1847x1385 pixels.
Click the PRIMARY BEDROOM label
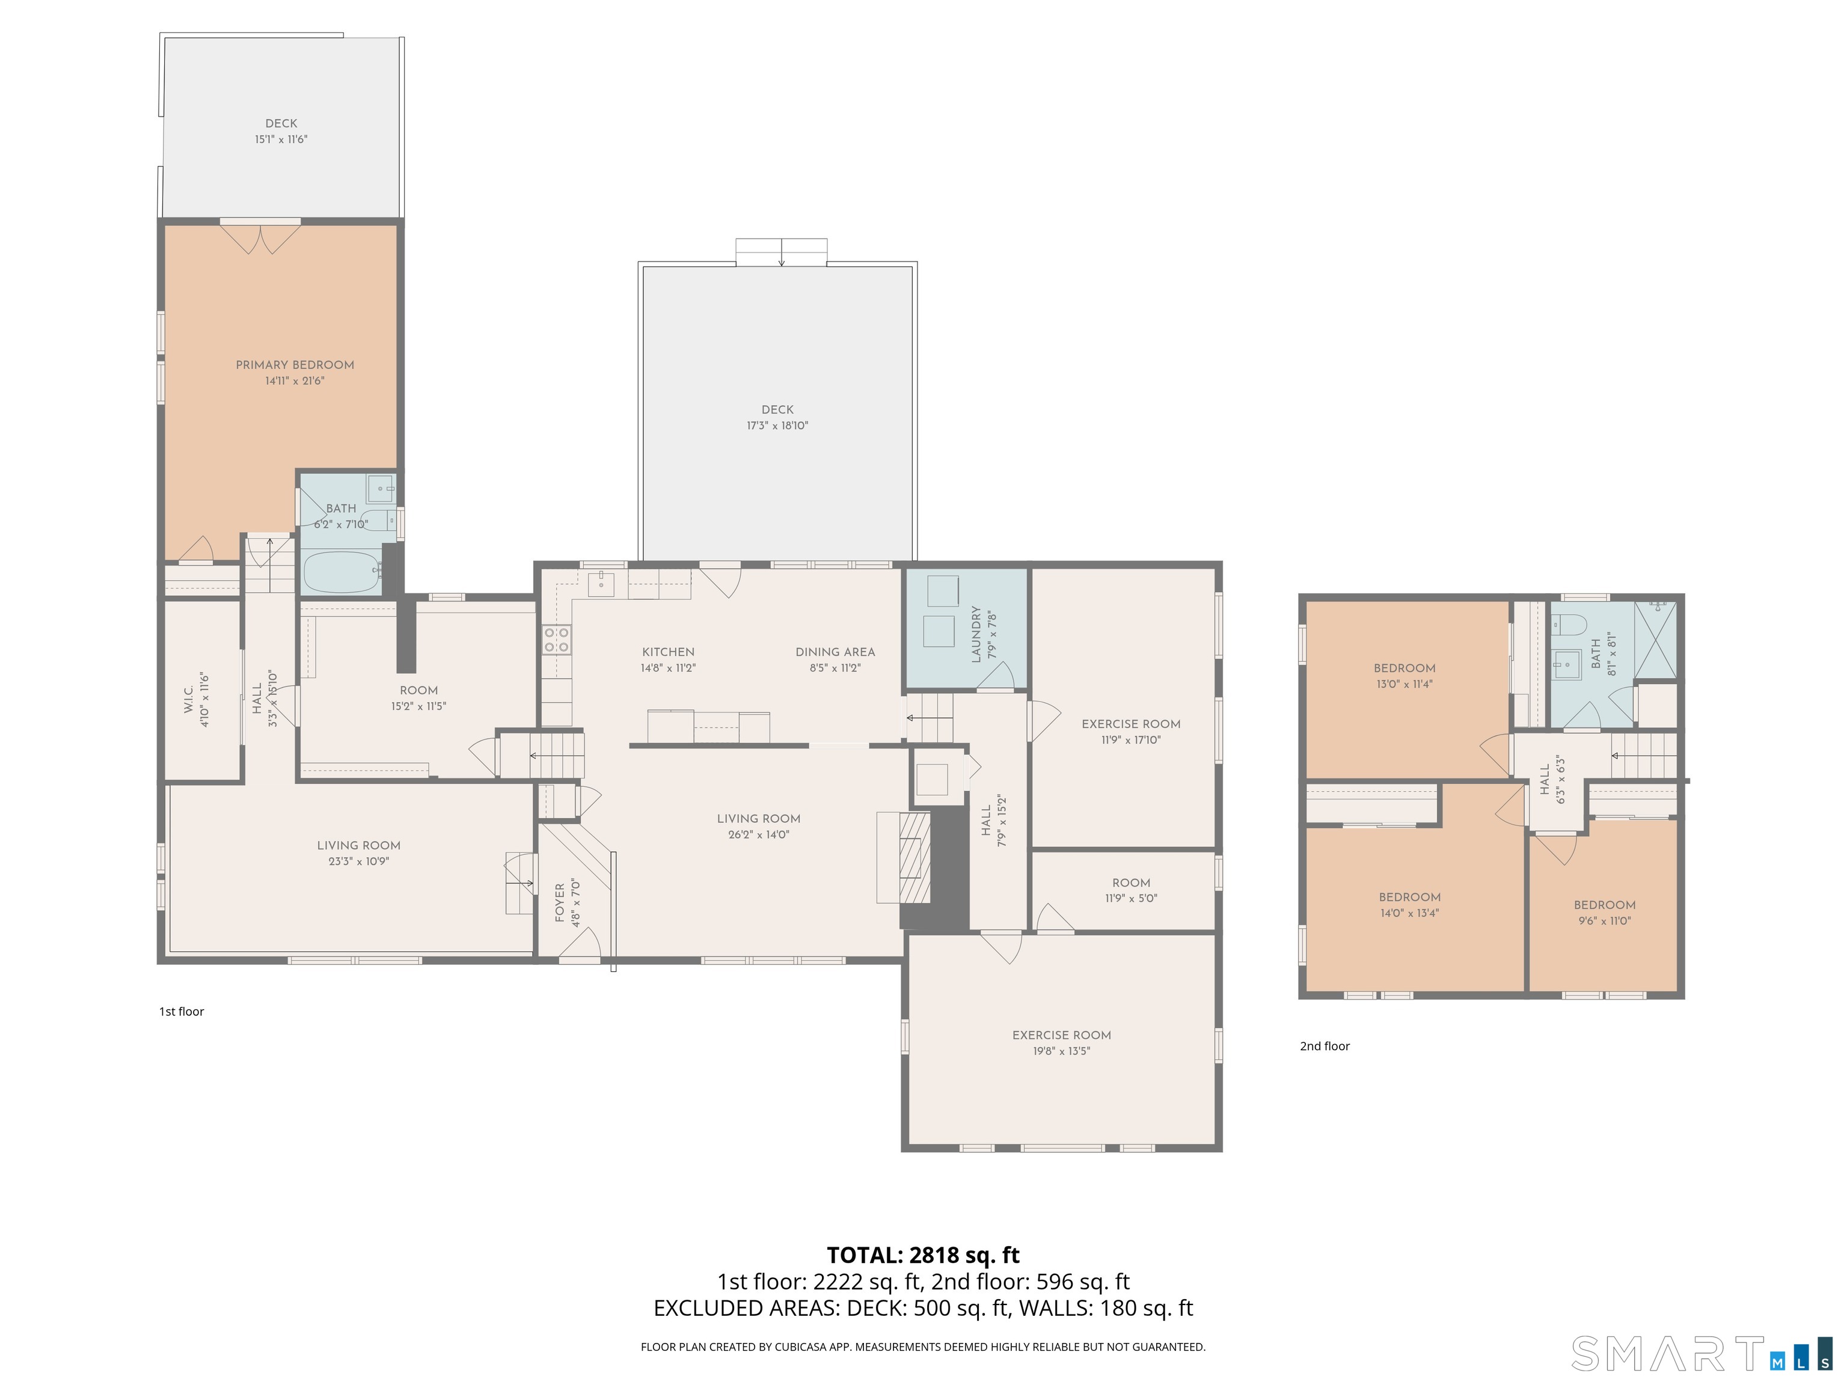click(x=295, y=365)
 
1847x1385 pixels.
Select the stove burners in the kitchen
click(x=557, y=640)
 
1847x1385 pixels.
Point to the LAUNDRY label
click(x=975, y=634)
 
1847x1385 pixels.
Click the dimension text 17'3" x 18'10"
click(x=777, y=426)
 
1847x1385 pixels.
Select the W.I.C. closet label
click(x=189, y=693)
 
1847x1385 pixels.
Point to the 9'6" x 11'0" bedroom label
click(x=1604, y=905)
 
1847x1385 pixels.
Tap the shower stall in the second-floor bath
click(x=1655, y=638)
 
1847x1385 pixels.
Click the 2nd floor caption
click(x=1325, y=1046)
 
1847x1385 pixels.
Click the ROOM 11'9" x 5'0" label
click(x=1130, y=882)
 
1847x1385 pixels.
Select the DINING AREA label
click(x=835, y=652)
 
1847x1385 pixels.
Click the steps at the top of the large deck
click(x=782, y=251)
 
